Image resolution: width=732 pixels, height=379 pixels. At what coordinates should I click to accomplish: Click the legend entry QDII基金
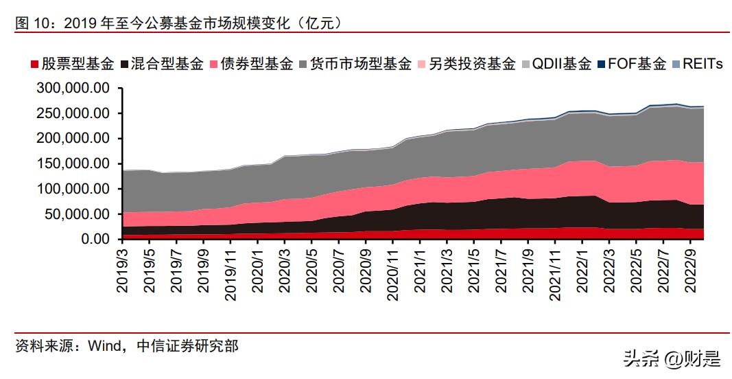(x=560, y=65)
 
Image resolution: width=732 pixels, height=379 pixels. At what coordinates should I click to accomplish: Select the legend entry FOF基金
(x=635, y=65)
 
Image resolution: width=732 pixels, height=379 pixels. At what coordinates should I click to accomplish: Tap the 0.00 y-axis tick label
(x=95, y=239)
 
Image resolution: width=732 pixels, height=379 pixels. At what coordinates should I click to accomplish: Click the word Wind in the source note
(x=104, y=346)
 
